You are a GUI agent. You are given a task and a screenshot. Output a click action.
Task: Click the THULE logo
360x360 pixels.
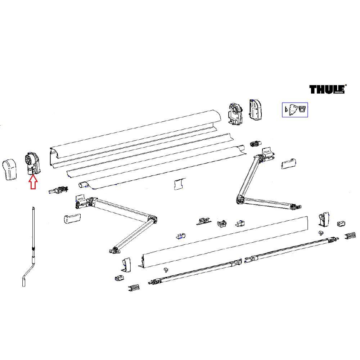pos(327,89)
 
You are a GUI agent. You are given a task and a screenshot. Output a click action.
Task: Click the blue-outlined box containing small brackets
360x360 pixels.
pos(294,109)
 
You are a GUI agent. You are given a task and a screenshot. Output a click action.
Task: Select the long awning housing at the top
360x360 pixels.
pos(137,137)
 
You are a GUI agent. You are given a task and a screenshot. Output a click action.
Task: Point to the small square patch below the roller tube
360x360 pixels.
pos(179,184)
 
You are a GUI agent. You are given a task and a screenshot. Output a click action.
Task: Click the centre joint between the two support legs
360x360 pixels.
pos(244,260)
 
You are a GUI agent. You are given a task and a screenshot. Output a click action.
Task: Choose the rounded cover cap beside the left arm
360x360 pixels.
pos(71,219)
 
